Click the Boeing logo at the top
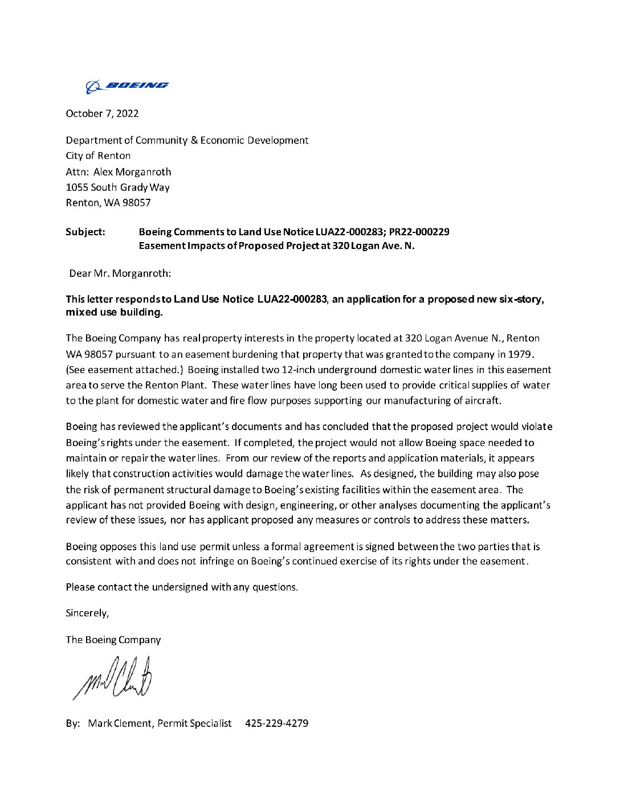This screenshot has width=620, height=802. coord(127,86)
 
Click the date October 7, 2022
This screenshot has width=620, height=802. coord(102,113)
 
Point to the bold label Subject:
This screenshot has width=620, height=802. coord(85,232)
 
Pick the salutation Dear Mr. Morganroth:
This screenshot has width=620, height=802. coord(120,273)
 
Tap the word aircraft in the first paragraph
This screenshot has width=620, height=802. coord(482,400)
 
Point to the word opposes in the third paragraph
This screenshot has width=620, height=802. coord(118,546)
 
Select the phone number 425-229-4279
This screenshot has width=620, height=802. coord(277,723)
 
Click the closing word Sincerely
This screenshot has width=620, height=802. coord(87,613)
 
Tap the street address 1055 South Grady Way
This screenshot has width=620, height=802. coord(117,187)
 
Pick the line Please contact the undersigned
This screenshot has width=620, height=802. coord(182,587)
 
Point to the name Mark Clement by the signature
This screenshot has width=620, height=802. coord(120,723)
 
